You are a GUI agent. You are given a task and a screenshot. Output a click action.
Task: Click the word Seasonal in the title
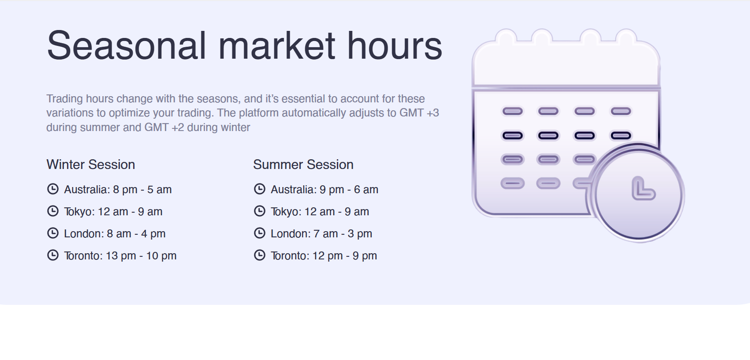(x=126, y=45)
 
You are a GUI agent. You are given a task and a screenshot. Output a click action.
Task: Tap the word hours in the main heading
(x=395, y=45)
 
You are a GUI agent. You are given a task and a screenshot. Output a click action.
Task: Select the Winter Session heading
(x=91, y=165)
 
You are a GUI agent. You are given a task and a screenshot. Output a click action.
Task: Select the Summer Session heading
(x=303, y=165)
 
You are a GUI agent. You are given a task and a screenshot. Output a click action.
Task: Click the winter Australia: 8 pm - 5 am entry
(x=118, y=190)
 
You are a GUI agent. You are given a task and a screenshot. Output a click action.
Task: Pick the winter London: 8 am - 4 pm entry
(x=115, y=233)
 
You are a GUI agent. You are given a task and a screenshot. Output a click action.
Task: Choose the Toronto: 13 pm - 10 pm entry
(x=120, y=255)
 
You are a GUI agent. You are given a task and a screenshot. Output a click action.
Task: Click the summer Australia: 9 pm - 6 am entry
(x=325, y=190)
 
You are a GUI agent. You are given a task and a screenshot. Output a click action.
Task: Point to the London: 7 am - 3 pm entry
(x=321, y=233)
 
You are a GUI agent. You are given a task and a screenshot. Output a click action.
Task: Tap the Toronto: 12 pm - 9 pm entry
(x=324, y=255)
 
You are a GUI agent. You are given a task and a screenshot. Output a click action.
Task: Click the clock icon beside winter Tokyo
(x=53, y=211)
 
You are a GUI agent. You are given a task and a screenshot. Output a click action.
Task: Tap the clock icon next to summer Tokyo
(x=260, y=211)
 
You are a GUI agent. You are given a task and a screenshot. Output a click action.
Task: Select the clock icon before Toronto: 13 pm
(x=53, y=255)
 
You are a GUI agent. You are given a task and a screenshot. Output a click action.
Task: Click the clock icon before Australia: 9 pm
(x=260, y=189)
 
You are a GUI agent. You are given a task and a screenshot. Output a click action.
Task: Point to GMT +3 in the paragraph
(x=419, y=113)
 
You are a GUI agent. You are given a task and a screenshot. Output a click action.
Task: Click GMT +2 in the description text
(x=164, y=127)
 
